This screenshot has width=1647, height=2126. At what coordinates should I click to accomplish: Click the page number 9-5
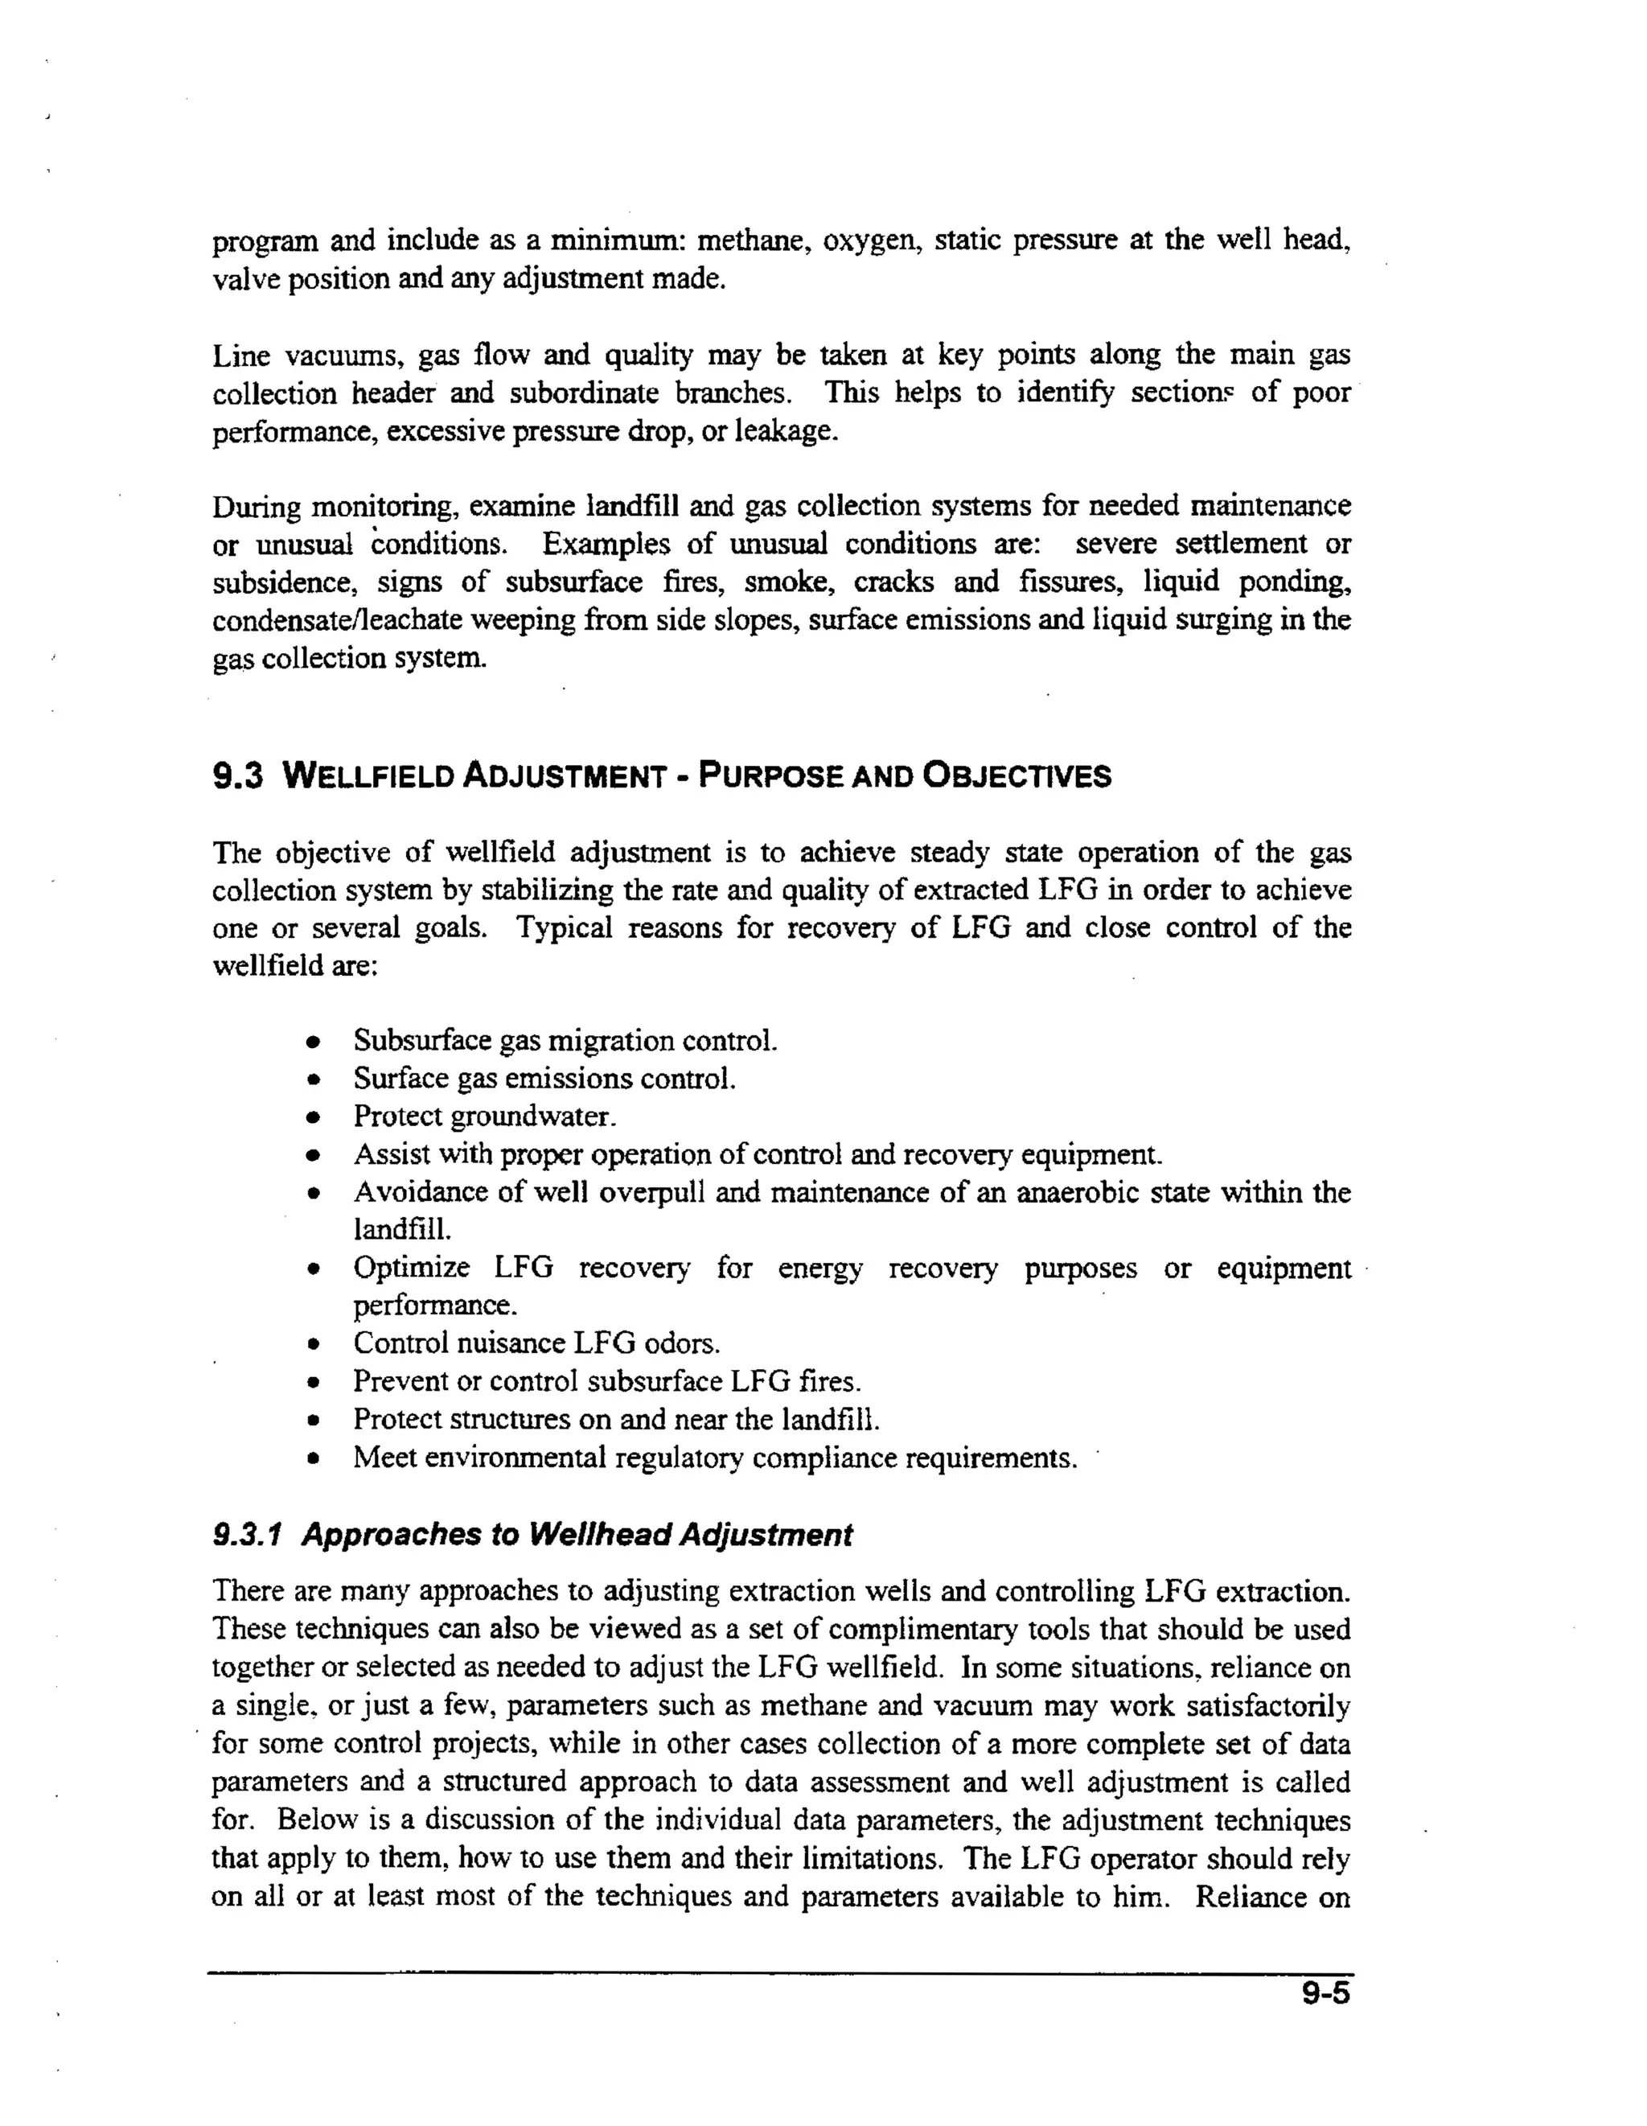pos(1326,1992)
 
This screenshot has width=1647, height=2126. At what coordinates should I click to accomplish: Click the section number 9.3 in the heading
pos(237,776)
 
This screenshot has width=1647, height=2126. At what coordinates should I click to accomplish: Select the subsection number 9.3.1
pos(247,1535)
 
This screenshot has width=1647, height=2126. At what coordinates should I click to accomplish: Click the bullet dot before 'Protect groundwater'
pos(313,1117)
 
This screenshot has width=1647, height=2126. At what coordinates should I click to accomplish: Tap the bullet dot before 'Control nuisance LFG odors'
pos(313,1345)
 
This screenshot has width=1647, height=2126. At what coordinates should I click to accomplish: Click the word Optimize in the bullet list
pos(411,1269)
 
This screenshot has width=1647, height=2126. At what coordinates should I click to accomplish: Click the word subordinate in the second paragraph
pos(583,393)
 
